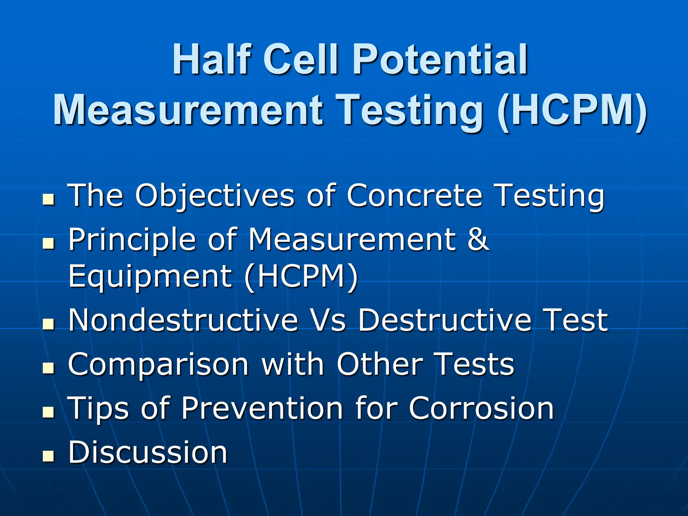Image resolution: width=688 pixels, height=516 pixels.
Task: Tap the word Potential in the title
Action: tap(440, 59)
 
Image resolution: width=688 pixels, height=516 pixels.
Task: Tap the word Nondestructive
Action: tap(183, 320)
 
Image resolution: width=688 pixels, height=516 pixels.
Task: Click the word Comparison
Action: tap(158, 364)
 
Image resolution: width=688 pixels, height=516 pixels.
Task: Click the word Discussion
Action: tap(148, 452)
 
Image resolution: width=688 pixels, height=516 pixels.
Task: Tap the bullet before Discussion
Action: tap(48, 456)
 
